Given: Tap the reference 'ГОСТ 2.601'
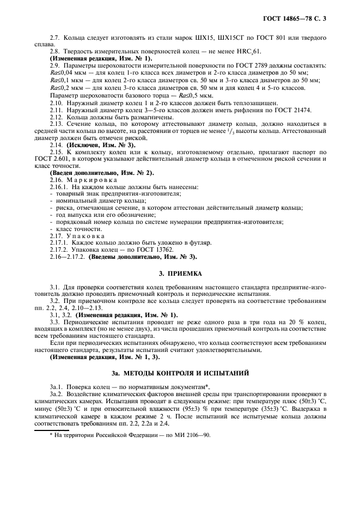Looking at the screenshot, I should click(65, 160).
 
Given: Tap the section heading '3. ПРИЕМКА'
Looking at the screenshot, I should click(180, 274).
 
